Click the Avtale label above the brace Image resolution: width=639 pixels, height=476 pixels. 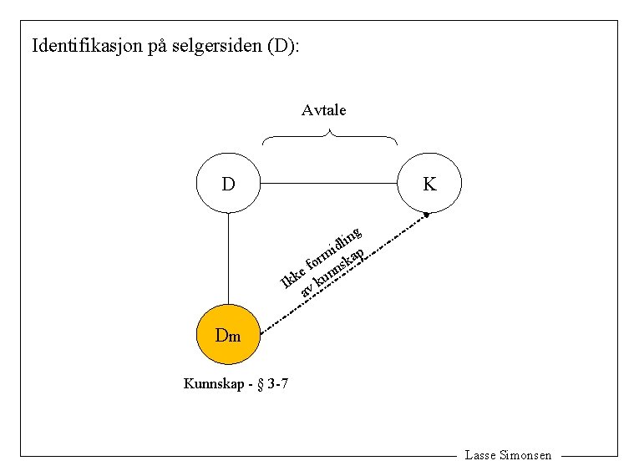tap(324, 110)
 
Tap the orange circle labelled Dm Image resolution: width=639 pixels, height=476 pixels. tap(228, 336)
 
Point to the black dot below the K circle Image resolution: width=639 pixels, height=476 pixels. tap(427, 216)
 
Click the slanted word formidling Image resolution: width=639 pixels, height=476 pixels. tap(334, 250)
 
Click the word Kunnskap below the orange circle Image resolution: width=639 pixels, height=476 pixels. tap(213, 385)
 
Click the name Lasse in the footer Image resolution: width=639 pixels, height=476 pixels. tap(479, 456)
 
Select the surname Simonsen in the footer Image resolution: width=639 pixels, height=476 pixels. tap(525, 456)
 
